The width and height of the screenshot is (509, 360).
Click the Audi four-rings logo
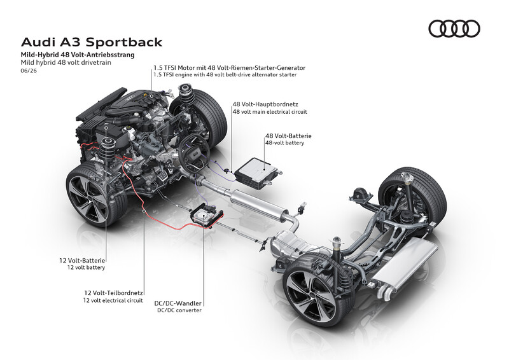click(x=454, y=29)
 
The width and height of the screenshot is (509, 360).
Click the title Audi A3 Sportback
click(x=92, y=42)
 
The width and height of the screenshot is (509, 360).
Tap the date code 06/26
click(x=29, y=71)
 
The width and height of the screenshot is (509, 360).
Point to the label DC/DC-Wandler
click(x=178, y=303)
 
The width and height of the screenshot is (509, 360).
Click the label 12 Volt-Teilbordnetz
click(x=114, y=293)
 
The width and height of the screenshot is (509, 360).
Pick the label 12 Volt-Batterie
click(x=82, y=260)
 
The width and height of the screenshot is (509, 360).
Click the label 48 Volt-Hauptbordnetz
click(x=265, y=104)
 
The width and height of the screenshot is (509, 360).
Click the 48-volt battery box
click(x=258, y=172)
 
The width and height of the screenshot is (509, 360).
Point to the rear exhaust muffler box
click(x=405, y=267)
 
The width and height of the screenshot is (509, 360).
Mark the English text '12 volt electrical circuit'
click(x=113, y=301)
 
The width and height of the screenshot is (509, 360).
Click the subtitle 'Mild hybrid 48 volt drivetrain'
click(x=66, y=62)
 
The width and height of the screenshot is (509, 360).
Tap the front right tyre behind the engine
click(x=204, y=118)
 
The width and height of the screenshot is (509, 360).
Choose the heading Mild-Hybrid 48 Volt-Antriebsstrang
click(x=78, y=55)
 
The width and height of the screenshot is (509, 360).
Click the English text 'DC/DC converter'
click(x=179, y=310)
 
